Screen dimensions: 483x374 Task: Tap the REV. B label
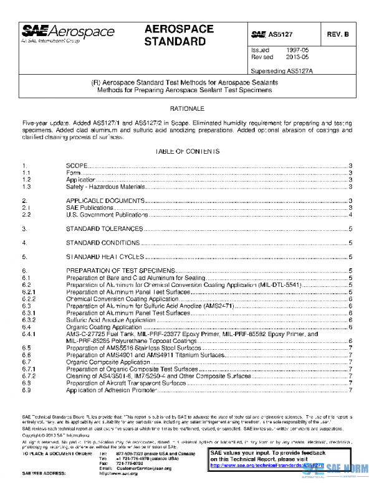(337, 35)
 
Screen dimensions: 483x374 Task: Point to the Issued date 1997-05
(295, 49)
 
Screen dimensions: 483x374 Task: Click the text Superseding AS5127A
(281, 70)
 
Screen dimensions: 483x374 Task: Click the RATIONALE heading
(187, 108)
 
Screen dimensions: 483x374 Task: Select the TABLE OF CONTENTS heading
(187, 152)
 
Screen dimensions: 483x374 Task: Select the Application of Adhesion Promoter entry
(110, 390)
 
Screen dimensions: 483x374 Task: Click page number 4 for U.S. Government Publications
(352, 214)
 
